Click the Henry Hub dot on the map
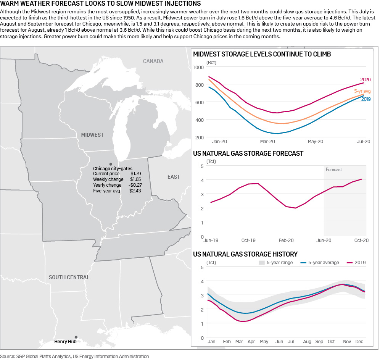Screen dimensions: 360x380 (76, 337)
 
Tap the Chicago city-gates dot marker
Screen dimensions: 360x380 (111, 163)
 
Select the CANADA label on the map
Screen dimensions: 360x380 (153, 61)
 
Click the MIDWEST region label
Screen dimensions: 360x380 (92, 135)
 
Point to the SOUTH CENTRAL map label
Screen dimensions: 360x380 (69, 277)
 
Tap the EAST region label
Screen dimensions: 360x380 (174, 177)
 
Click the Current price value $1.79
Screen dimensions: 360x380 (135, 174)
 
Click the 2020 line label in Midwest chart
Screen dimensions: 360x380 (366, 80)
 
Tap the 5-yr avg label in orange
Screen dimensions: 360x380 (362, 91)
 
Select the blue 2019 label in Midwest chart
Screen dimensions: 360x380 (366, 99)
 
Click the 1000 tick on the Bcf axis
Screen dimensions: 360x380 (198, 67)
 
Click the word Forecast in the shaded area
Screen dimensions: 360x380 (334, 170)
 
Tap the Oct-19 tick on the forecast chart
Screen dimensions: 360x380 (248, 241)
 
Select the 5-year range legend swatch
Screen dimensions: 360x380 (261, 263)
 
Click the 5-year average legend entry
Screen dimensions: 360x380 (320, 263)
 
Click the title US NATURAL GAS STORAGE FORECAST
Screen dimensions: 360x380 (248, 153)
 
